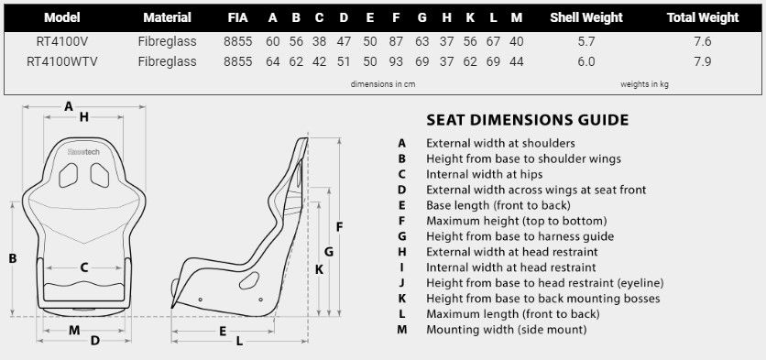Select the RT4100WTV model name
click(63, 61)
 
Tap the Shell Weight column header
click(586, 17)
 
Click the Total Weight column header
click(703, 17)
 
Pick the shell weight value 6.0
click(586, 61)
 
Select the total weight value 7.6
click(703, 41)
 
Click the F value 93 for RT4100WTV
click(395, 61)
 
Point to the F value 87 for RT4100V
click(395, 41)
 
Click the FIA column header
click(237, 17)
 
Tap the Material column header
click(168, 17)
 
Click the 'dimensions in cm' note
click(383, 84)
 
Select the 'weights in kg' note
click(645, 84)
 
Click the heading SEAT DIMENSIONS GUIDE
click(527, 120)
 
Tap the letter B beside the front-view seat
click(13, 259)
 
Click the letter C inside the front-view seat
click(83, 268)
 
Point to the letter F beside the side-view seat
click(339, 226)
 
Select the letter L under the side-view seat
click(239, 342)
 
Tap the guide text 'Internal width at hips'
click(484, 174)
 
